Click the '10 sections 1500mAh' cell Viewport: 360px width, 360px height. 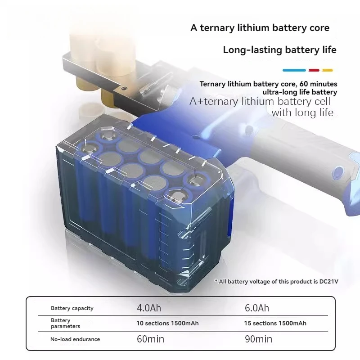tap(167, 323)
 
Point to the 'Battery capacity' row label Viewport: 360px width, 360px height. tap(72, 308)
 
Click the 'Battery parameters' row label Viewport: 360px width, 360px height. tap(66, 324)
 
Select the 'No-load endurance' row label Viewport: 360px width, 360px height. tap(75, 339)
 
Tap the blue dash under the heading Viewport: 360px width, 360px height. tap(294, 70)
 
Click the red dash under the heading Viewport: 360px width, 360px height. tap(314, 70)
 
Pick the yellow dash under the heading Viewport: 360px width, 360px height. tap(328, 70)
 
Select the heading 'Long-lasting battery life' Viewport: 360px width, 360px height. tap(279, 49)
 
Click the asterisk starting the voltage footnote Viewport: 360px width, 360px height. tap(216, 281)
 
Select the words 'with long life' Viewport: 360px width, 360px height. tap(302, 112)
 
